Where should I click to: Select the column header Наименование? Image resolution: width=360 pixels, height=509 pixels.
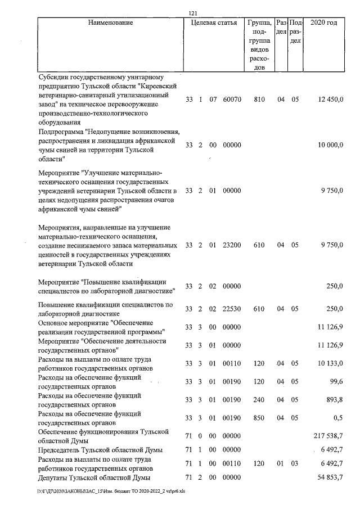tap(111, 23)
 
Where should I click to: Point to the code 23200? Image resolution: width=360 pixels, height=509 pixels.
tap(232, 245)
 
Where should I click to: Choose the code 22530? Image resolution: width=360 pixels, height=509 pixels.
tap(232, 309)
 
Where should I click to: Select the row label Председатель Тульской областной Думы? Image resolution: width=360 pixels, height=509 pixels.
tap(100, 451)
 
